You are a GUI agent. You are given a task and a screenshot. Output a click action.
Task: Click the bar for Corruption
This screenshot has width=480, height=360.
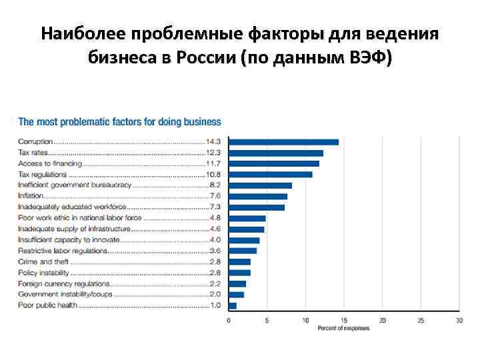click(283, 142)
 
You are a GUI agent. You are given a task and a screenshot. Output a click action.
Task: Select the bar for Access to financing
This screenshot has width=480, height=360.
click(273, 163)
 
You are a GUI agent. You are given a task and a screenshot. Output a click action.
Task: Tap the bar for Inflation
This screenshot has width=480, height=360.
click(257, 196)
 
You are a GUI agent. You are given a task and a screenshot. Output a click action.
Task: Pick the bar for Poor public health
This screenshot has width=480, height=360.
click(232, 305)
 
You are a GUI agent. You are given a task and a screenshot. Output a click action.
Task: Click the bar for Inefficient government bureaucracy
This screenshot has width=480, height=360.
click(260, 185)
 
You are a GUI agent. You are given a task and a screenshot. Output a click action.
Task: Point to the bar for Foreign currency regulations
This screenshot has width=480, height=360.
click(237, 283)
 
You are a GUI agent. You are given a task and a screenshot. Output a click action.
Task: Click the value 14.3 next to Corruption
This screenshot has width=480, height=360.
click(214, 142)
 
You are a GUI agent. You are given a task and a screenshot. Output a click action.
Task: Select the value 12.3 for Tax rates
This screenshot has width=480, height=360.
click(214, 153)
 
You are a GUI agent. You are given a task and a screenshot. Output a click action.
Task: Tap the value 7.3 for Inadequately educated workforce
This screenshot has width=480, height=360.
click(215, 207)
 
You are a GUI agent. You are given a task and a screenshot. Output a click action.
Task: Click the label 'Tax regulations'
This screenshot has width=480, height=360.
click(43, 175)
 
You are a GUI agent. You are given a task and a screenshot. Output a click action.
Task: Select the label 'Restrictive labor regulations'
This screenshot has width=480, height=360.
click(62, 251)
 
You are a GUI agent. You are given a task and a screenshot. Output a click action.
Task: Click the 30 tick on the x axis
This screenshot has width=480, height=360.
click(459, 321)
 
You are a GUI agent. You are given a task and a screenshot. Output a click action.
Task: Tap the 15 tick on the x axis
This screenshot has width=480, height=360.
click(344, 321)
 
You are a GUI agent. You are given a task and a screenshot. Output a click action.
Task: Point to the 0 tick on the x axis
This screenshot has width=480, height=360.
click(229, 321)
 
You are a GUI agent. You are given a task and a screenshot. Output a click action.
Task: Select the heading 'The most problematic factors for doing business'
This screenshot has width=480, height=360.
click(119, 122)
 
